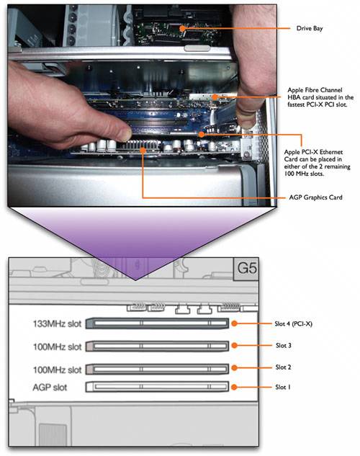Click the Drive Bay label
pos(310,29)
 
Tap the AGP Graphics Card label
pos(315,197)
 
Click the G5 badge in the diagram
pos(247,268)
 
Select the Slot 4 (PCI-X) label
pos(294,323)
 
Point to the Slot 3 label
pos(283,346)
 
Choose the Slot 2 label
pos(283,367)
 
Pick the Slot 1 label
pos(283,387)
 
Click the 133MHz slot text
pos(57,323)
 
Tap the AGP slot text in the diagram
pos(50,388)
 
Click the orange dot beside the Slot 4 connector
pos(234,323)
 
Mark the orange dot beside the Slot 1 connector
pos(234,387)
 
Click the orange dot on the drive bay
pos(182,28)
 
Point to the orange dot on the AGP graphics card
pos(143,150)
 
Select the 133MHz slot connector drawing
pos(157,323)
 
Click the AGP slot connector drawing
pos(157,387)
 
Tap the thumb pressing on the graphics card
pos(113,128)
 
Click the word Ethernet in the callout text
pos(331,152)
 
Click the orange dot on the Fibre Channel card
pos(215,97)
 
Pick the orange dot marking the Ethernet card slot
pos(202,135)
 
